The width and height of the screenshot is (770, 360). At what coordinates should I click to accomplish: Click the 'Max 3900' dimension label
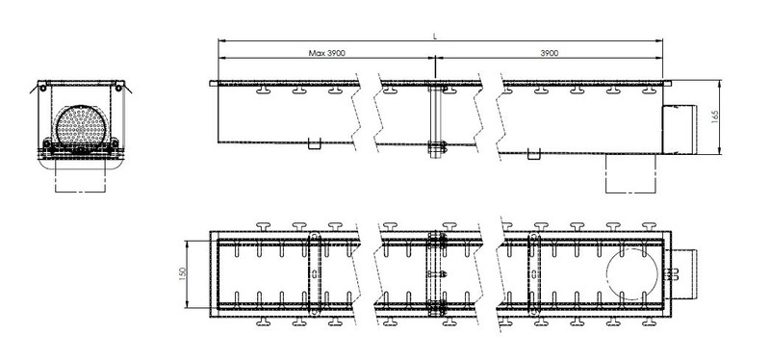pyautogui.click(x=326, y=53)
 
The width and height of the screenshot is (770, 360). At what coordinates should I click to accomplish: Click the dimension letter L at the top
pyautogui.click(x=435, y=37)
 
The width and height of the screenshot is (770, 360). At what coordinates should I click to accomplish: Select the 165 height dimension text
pyautogui.click(x=714, y=117)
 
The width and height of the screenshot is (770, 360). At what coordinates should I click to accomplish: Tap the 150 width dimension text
pyautogui.click(x=182, y=274)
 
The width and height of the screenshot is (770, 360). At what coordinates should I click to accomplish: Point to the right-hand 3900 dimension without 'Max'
pyautogui.click(x=549, y=53)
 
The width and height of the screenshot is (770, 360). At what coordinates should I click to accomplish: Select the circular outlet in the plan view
pyautogui.click(x=632, y=273)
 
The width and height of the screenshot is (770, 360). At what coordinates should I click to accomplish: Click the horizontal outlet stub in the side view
pyautogui.click(x=680, y=129)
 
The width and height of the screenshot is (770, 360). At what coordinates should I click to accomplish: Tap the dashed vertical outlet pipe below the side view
pyautogui.click(x=631, y=173)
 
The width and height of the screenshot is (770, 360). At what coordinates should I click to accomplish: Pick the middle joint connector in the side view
pyautogui.click(x=436, y=120)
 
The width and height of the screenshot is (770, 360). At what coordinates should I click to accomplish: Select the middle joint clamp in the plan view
pyautogui.click(x=437, y=274)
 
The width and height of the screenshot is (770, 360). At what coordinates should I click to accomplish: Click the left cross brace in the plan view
pyautogui.click(x=315, y=273)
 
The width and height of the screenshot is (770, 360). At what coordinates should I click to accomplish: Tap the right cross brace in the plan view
pyautogui.click(x=534, y=273)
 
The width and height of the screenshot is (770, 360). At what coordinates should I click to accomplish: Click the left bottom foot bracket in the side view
pyautogui.click(x=315, y=143)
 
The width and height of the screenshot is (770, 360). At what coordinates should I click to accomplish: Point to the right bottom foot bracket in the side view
pyautogui.click(x=534, y=154)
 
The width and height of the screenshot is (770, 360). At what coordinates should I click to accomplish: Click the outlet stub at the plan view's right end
pyautogui.click(x=684, y=274)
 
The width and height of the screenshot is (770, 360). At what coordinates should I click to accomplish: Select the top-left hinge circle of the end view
pyautogui.click(x=43, y=88)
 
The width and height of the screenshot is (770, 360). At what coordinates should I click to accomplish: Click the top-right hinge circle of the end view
pyautogui.click(x=118, y=88)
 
